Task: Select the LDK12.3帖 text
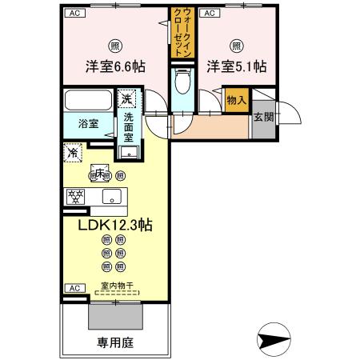(115, 226)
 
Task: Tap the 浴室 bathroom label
(88, 124)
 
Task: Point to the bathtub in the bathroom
(90, 102)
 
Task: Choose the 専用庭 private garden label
(115, 340)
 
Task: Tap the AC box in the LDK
(74, 287)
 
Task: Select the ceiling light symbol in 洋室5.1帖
(236, 46)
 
